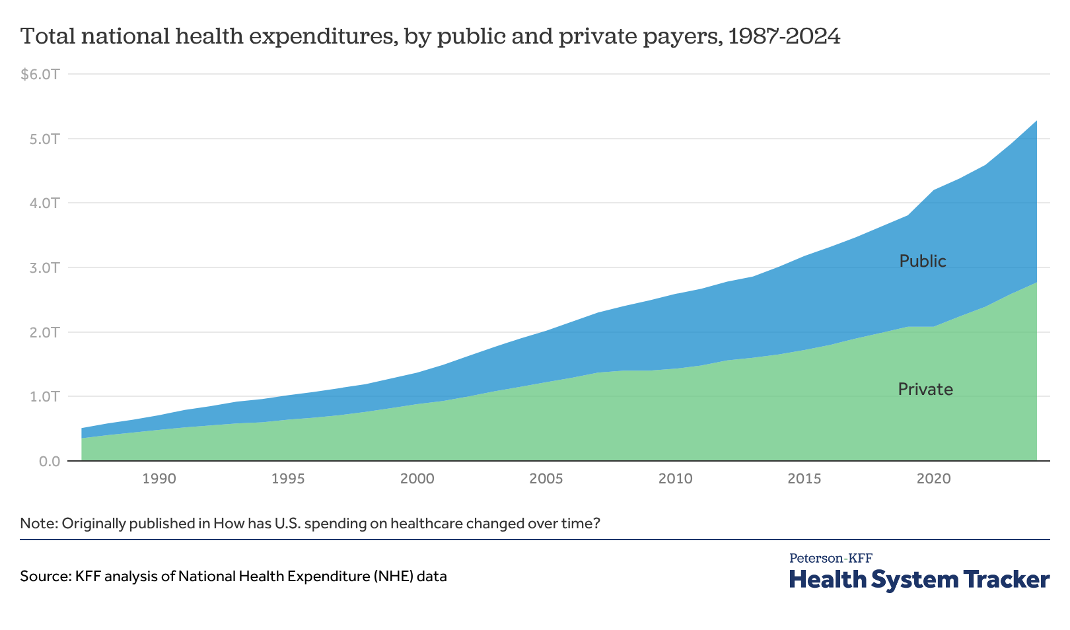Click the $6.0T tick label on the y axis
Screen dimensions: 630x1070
[x=40, y=74]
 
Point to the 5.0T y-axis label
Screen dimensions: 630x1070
[x=44, y=139]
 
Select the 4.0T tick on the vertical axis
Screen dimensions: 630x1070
[x=44, y=203]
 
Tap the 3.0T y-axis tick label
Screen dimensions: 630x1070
[x=44, y=267]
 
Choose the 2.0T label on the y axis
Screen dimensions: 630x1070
[x=44, y=332]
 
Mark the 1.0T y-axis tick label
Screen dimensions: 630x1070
[x=44, y=396]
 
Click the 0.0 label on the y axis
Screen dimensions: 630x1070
[x=49, y=461]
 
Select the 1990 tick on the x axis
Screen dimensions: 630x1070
[x=159, y=478]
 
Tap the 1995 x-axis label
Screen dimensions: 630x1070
[x=288, y=478]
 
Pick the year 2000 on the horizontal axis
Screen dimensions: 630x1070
[x=417, y=478]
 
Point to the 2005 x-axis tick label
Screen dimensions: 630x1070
[x=546, y=478]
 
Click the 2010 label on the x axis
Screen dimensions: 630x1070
[x=675, y=478]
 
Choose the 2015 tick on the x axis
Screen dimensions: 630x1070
[x=804, y=478]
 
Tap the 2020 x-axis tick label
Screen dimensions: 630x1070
[x=933, y=478]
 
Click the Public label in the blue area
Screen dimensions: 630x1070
[x=923, y=262]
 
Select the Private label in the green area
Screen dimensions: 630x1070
[x=925, y=390]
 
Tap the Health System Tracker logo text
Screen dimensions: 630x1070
[x=919, y=579]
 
